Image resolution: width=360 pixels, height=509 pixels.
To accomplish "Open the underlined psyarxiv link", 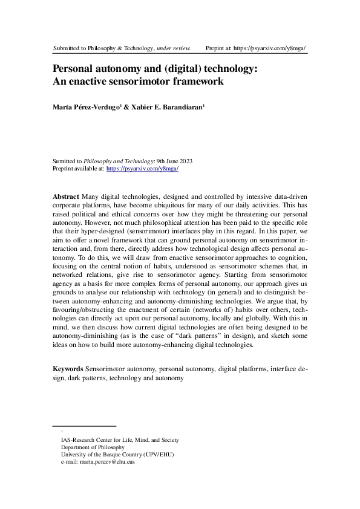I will point(142,169).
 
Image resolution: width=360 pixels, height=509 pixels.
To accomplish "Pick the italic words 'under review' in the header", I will point(174,47).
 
